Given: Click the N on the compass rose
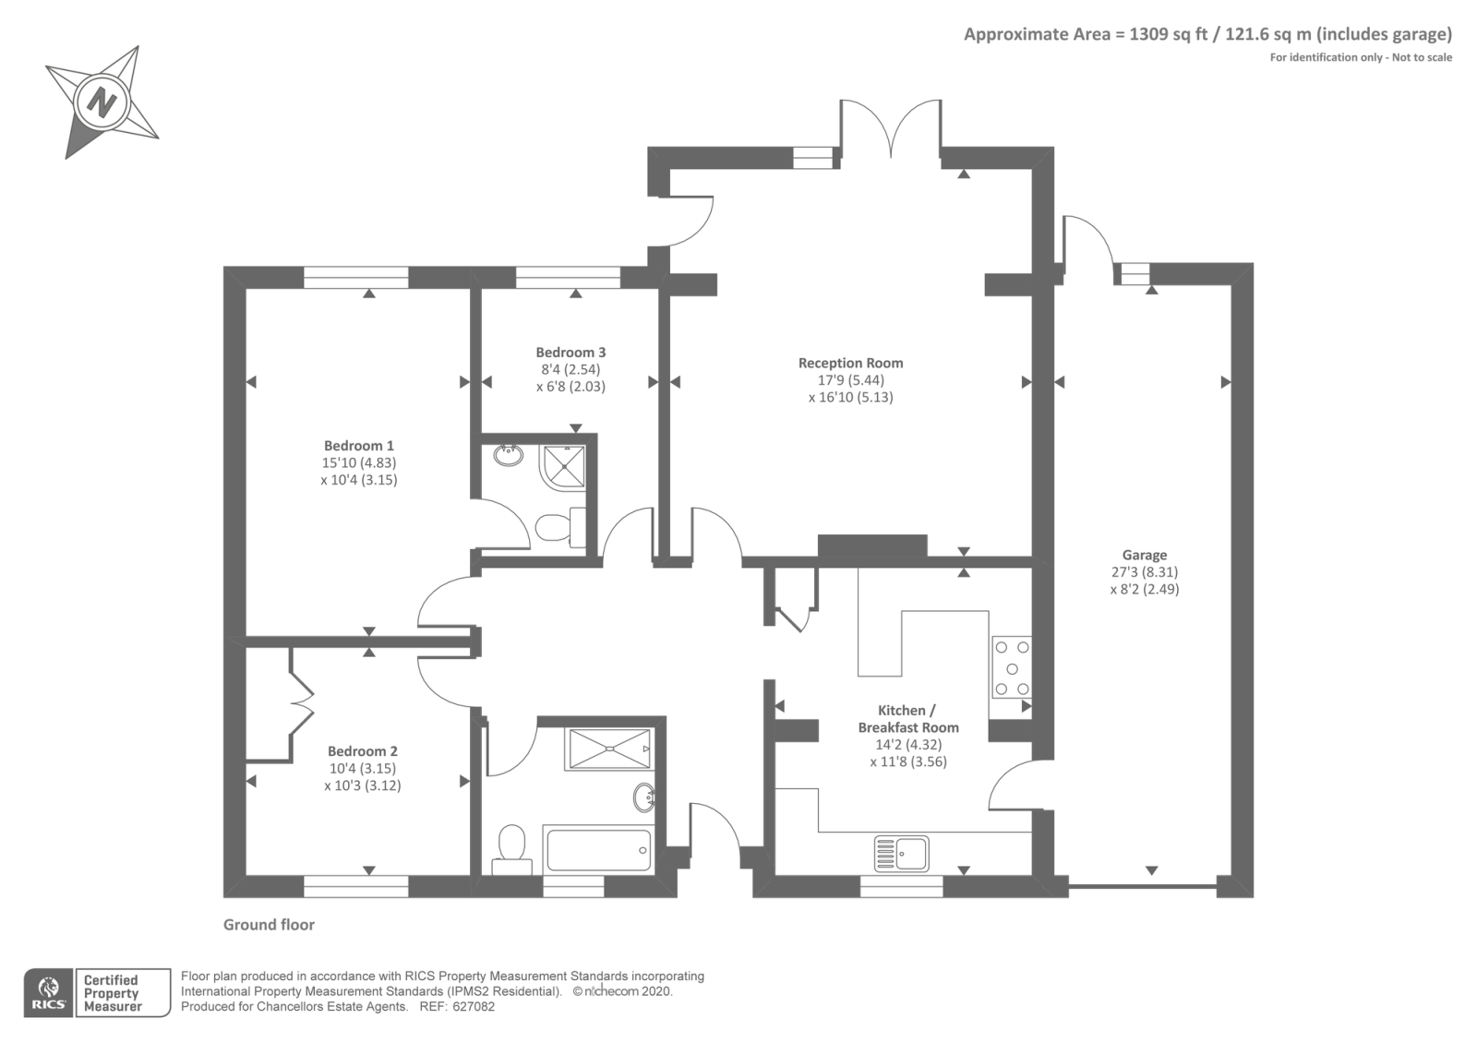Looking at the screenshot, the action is click(x=102, y=102).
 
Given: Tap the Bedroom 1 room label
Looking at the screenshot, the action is click(x=359, y=446).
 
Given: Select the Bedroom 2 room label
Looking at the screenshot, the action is click(x=363, y=751).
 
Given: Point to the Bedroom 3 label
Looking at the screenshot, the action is click(x=570, y=352).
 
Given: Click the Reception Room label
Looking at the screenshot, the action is click(x=850, y=363).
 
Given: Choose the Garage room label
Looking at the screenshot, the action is click(x=1145, y=555).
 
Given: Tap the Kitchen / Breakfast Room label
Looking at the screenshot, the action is click(x=908, y=719).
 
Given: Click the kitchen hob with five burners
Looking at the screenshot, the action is click(x=1012, y=668).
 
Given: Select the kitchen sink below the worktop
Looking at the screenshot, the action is click(x=901, y=853).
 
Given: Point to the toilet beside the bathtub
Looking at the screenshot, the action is click(x=511, y=850).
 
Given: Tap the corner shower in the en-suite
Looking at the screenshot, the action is click(x=562, y=467).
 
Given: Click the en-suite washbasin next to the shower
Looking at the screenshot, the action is click(x=509, y=455).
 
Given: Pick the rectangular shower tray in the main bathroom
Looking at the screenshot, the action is click(x=609, y=749).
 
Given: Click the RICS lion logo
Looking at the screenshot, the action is click(x=49, y=993).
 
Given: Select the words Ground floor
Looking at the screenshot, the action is click(x=269, y=925).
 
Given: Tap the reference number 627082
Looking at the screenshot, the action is click(x=474, y=1007).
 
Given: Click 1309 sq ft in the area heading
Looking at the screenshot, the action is click(x=1169, y=34).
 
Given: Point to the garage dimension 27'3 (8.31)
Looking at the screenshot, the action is click(x=1145, y=572).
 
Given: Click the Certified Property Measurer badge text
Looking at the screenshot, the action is click(x=112, y=993).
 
